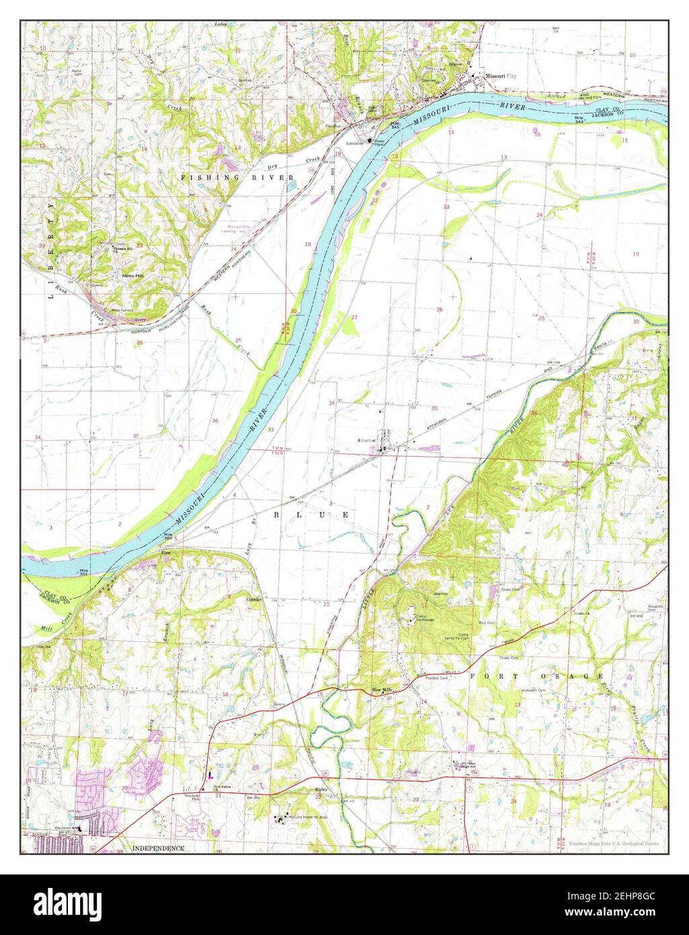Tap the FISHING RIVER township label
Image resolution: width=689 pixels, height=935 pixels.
tap(237, 177)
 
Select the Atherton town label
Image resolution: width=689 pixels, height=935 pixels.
tap(367, 441)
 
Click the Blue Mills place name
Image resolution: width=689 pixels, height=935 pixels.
tap(383, 689)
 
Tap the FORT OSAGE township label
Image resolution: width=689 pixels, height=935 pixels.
tap(536, 675)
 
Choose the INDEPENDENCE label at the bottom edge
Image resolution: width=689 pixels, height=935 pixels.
tap(158, 848)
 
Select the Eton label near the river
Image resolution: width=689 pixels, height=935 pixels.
tap(165, 552)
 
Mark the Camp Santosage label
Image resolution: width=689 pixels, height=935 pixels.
tap(423, 619)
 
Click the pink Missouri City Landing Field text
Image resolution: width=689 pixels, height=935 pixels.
tap(245, 229)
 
